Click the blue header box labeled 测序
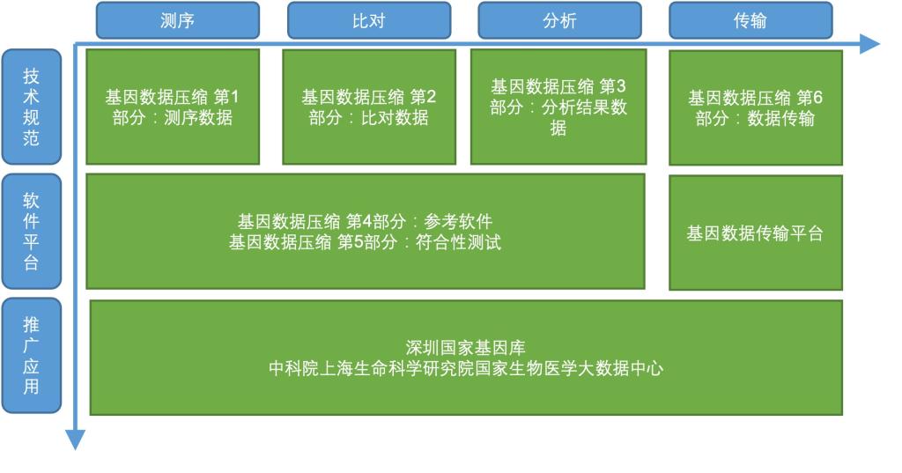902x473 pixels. [178, 21]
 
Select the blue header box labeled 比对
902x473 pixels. [369, 21]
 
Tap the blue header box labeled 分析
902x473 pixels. [559, 21]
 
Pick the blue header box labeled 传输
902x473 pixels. [750, 21]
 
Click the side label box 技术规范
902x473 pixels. [31, 107]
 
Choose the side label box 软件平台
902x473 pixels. [31, 232]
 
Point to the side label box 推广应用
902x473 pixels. [31, 356]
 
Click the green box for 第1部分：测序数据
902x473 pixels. [173, 107]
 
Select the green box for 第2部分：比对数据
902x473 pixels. [369, 107]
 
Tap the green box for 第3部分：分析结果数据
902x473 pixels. [558, 107]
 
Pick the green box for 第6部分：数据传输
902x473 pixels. [756, 107]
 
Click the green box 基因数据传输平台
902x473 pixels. [756, 233]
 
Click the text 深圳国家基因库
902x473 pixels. [465, 348]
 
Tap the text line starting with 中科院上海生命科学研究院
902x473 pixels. [465, 368]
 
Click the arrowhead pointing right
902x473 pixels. [869, 44]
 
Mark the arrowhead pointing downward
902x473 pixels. [76, 440]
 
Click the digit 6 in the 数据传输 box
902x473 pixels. [817, 98]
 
